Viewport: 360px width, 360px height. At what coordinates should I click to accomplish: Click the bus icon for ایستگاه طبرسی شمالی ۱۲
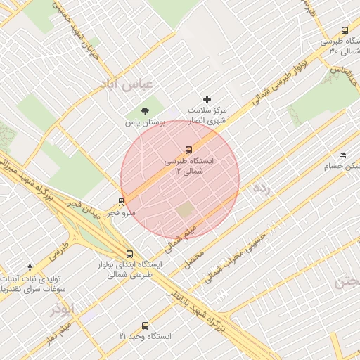[188, 149]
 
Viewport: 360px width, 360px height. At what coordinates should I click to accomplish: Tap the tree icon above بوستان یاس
[145, 111]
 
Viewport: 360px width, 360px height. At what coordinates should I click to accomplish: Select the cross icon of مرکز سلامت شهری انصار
[207, 100]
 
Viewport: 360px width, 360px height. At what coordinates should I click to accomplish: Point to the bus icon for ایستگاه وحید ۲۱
[145, 326]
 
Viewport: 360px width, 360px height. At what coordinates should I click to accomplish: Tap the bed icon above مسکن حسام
[342, 155]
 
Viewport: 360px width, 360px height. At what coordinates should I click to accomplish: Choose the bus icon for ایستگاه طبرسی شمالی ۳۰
[344, 30]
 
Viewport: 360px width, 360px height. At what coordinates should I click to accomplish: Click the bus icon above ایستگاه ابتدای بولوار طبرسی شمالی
[129, 254]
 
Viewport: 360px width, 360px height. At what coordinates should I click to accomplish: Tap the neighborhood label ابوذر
[62, 309]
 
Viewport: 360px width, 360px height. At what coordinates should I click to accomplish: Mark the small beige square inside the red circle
[185, 210]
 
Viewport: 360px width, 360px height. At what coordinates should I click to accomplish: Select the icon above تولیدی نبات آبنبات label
[30, 267]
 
